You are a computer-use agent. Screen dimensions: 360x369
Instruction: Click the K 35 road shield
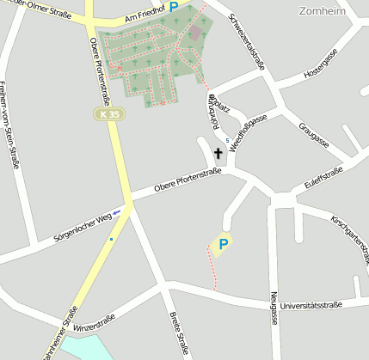pos(108,113)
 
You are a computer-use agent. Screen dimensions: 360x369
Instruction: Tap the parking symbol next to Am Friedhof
pos(173,7)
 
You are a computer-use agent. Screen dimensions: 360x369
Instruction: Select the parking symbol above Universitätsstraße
pos(223,245)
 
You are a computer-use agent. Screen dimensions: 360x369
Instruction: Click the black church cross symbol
pos(218,155)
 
